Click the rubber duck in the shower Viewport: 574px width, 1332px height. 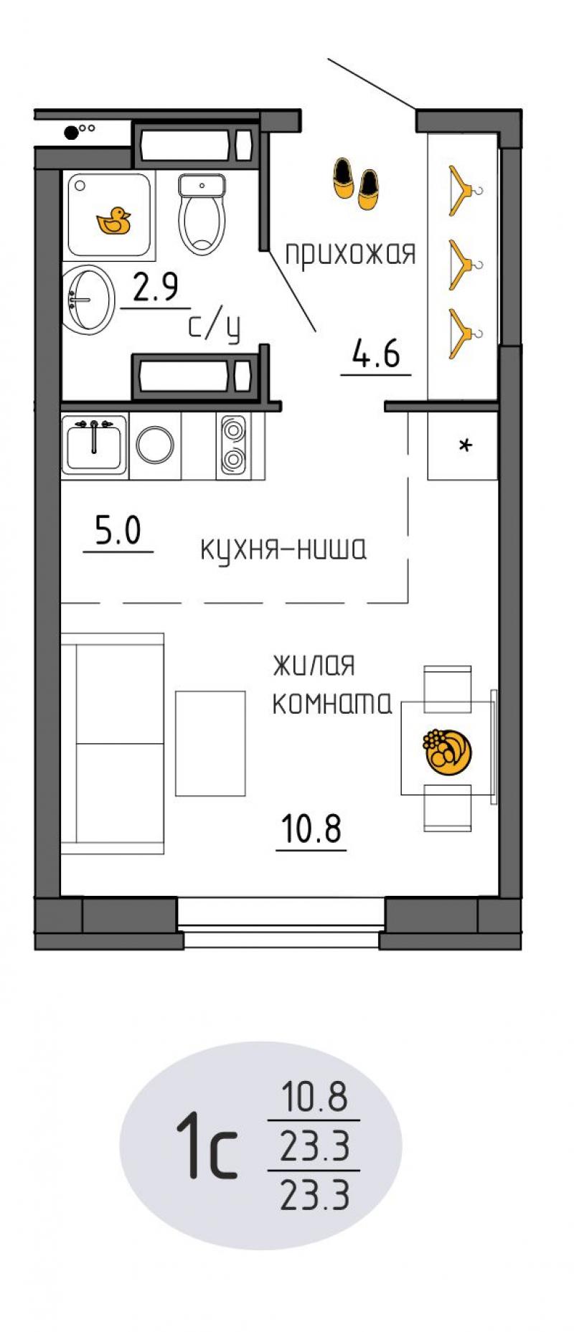pos(113,221)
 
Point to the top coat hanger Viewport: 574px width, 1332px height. pos(463,190)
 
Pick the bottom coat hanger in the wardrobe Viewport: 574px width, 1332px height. pos(463,334)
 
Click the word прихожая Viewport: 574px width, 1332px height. pos(351,254)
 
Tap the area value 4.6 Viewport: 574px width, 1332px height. pos(375,354)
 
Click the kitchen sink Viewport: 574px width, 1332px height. pos(94,445)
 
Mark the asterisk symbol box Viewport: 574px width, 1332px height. pos(463,446)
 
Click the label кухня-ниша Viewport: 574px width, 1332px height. pos(283,549)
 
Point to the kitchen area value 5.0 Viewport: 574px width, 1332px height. pos(118,533)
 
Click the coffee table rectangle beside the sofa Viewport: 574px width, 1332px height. pos(210,742)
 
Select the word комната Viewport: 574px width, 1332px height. pos(331,705)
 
